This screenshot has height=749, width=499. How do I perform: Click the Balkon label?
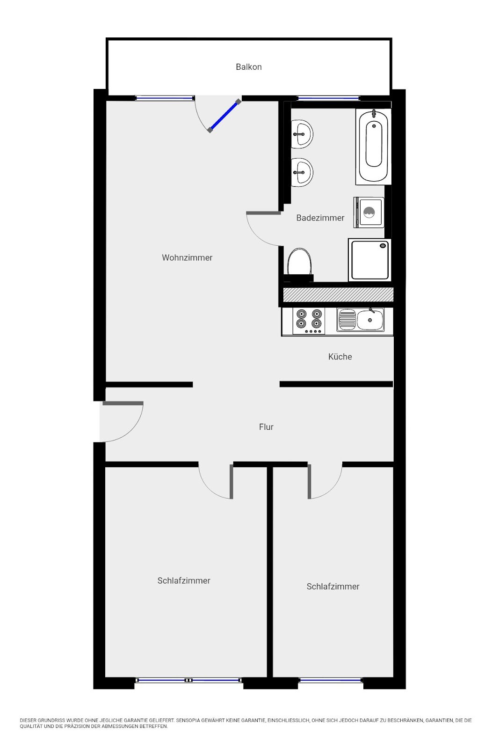248,67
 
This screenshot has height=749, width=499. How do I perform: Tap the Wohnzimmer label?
187,257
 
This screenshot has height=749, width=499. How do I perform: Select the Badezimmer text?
320,218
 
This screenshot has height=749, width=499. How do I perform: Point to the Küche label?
340,356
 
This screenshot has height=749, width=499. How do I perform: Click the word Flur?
266,426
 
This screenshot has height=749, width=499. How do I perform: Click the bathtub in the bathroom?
373,147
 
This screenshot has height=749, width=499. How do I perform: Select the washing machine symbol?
369,213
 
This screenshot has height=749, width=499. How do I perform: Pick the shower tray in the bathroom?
369,260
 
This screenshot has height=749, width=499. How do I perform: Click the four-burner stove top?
309,321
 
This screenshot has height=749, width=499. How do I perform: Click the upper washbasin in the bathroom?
302,134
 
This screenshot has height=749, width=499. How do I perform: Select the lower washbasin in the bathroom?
302,172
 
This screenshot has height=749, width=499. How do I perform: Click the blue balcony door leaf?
224,116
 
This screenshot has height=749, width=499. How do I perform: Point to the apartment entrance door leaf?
123,403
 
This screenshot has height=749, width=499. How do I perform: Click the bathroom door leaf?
263,213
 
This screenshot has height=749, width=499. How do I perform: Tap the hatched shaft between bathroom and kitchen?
338,294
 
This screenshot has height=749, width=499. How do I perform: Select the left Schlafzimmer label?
184,580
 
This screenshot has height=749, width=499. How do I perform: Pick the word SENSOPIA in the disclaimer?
188,720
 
